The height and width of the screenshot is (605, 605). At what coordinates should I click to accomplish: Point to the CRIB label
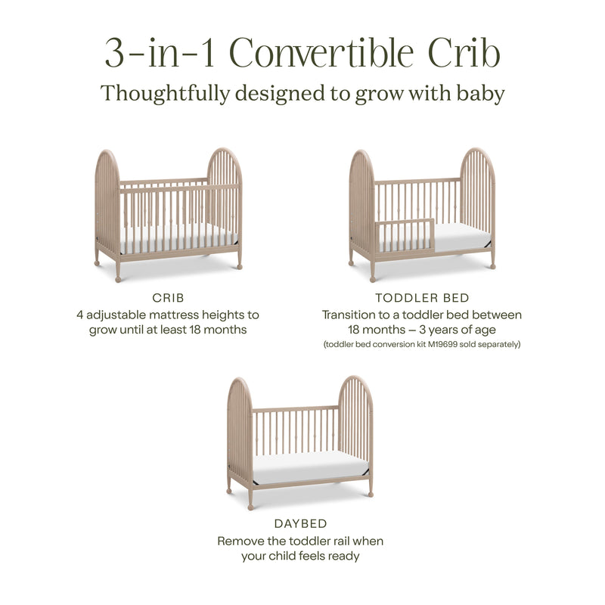(x=168, y=298)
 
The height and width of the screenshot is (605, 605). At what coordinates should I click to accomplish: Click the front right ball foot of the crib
(x=239, y=265)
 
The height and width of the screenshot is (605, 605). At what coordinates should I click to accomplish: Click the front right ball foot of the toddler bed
(x=493, y=265)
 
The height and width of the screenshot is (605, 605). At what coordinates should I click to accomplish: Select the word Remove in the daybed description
(x=241, y=541)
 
